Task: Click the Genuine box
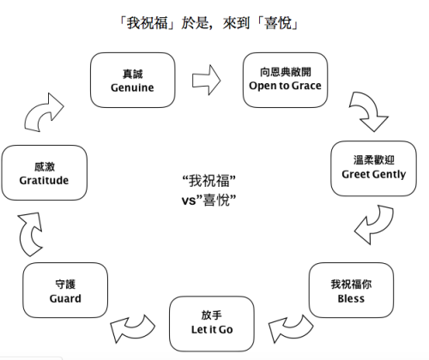pos(125,80)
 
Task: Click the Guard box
pos(65,291)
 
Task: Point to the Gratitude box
pos(44,174)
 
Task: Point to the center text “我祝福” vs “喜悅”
pos(209,189)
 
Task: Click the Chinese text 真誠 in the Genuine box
pos(125,74)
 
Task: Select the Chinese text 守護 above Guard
pos(65,285)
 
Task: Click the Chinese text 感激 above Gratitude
pos(44,168)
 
